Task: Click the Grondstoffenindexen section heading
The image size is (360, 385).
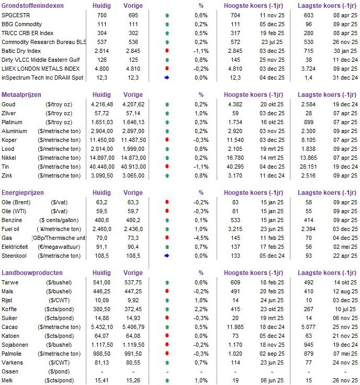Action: click(x=32, y=6)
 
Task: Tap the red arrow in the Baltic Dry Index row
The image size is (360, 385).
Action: click(x=167, y=51)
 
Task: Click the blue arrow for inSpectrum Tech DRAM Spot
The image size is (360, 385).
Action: click(x=167, y=78)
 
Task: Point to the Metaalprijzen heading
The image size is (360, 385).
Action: click(x=22, y=95)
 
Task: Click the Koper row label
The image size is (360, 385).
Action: click(x=10, y=140)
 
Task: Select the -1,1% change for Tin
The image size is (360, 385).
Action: click(x=201, y=167)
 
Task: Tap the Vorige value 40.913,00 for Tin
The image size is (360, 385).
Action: click(x=131, y=167)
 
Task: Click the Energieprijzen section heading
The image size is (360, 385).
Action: click(x=24, y=193)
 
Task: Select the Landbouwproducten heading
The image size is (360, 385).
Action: click(x=32, y=273)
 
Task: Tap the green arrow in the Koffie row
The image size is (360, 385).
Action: click(x=167, y=309)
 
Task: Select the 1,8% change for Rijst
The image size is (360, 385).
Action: click(x=201, y=300)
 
